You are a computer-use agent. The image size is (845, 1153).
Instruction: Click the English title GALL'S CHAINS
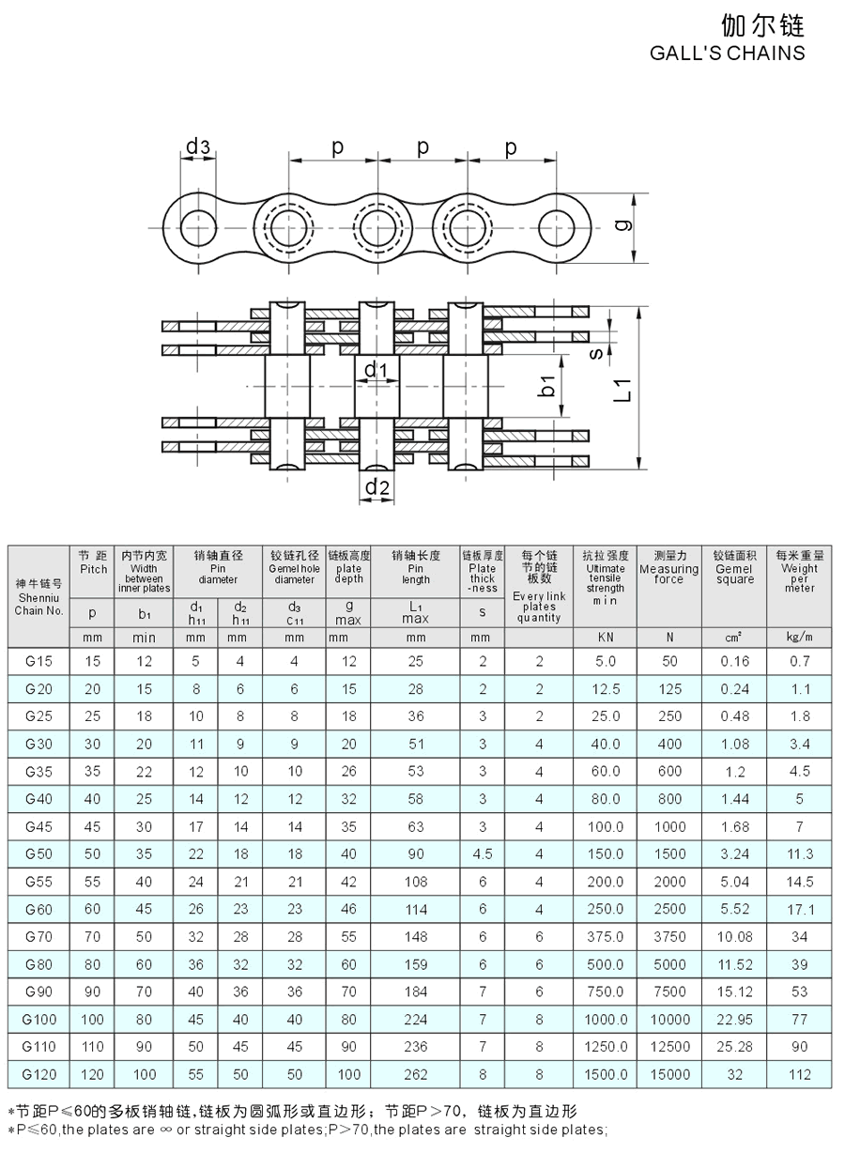(727, 53)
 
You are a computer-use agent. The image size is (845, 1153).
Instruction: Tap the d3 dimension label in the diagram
(198, 146)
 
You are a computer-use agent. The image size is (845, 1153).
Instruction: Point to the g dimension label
(624, 225)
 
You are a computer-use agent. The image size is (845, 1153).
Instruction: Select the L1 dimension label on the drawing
(622, 390)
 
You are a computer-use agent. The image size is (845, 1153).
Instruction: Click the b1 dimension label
(547, 386)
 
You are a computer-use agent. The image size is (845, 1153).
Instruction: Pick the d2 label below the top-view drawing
(376, 486)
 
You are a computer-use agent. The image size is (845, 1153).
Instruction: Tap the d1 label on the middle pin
(376, 369)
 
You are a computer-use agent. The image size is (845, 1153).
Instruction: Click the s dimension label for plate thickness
(596, 353)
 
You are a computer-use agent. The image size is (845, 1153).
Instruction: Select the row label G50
(38, 853)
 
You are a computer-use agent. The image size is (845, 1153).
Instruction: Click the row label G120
(38, 1074)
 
